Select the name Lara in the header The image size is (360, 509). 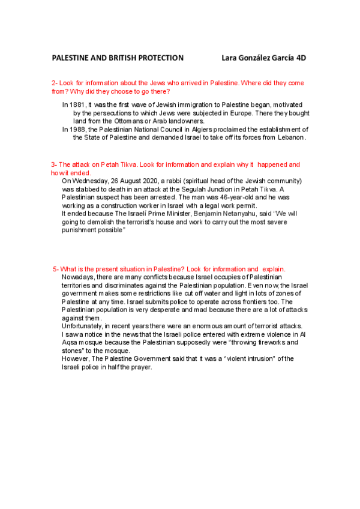pos(230,58)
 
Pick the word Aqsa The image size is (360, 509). pos(71,342)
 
